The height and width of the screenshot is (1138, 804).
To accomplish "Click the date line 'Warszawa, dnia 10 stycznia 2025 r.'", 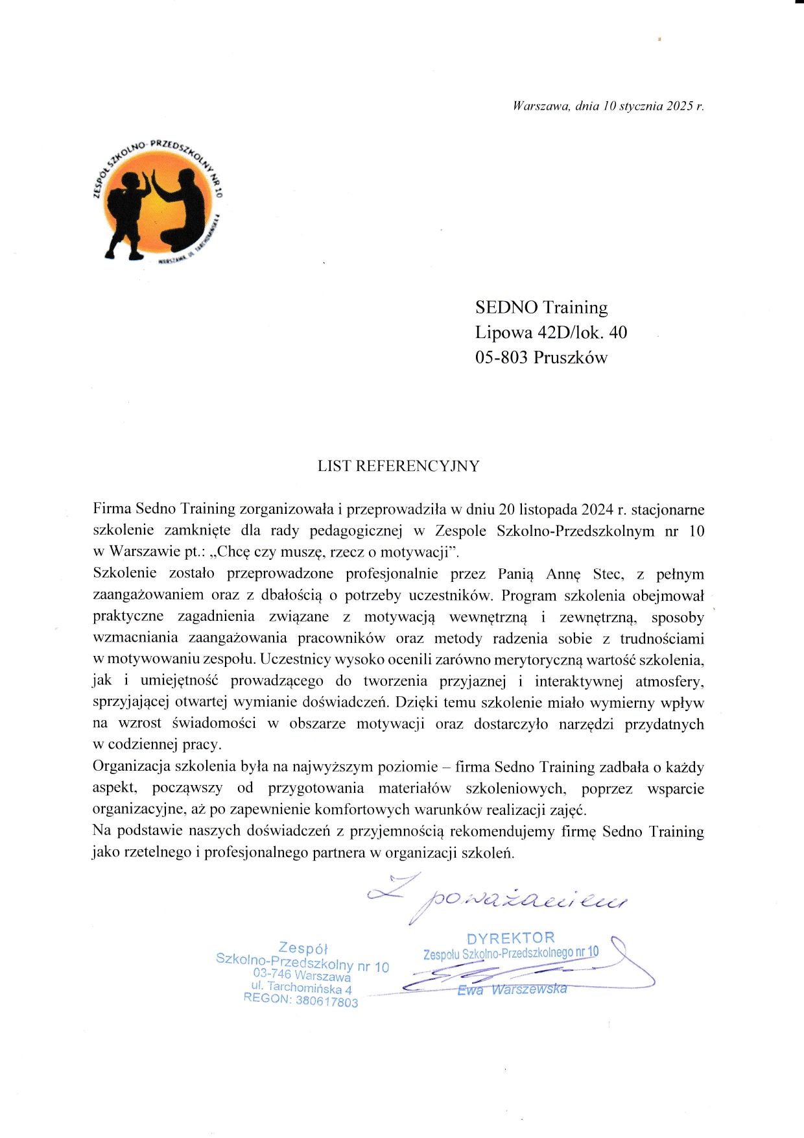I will [608, 106].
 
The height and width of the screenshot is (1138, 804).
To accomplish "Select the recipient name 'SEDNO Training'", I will [541, 308].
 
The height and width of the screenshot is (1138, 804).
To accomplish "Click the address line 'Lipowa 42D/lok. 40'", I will [550, 332].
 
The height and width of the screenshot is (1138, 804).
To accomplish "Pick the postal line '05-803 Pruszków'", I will [541, 357].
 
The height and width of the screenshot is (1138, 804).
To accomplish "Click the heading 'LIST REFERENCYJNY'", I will [398, 466].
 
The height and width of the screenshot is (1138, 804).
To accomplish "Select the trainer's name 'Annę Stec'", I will [584, 574].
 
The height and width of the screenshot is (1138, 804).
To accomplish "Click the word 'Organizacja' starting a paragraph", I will [132, 766].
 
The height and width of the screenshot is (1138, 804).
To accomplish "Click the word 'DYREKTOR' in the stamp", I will [511, 938].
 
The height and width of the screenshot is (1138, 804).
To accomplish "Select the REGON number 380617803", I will [326, 1001].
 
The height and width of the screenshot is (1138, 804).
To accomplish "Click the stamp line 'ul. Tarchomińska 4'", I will [301, 987].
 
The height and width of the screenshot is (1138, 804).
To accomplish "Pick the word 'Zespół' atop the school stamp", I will [303, 948].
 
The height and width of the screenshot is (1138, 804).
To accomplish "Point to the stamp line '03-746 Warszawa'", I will [301, 975].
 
